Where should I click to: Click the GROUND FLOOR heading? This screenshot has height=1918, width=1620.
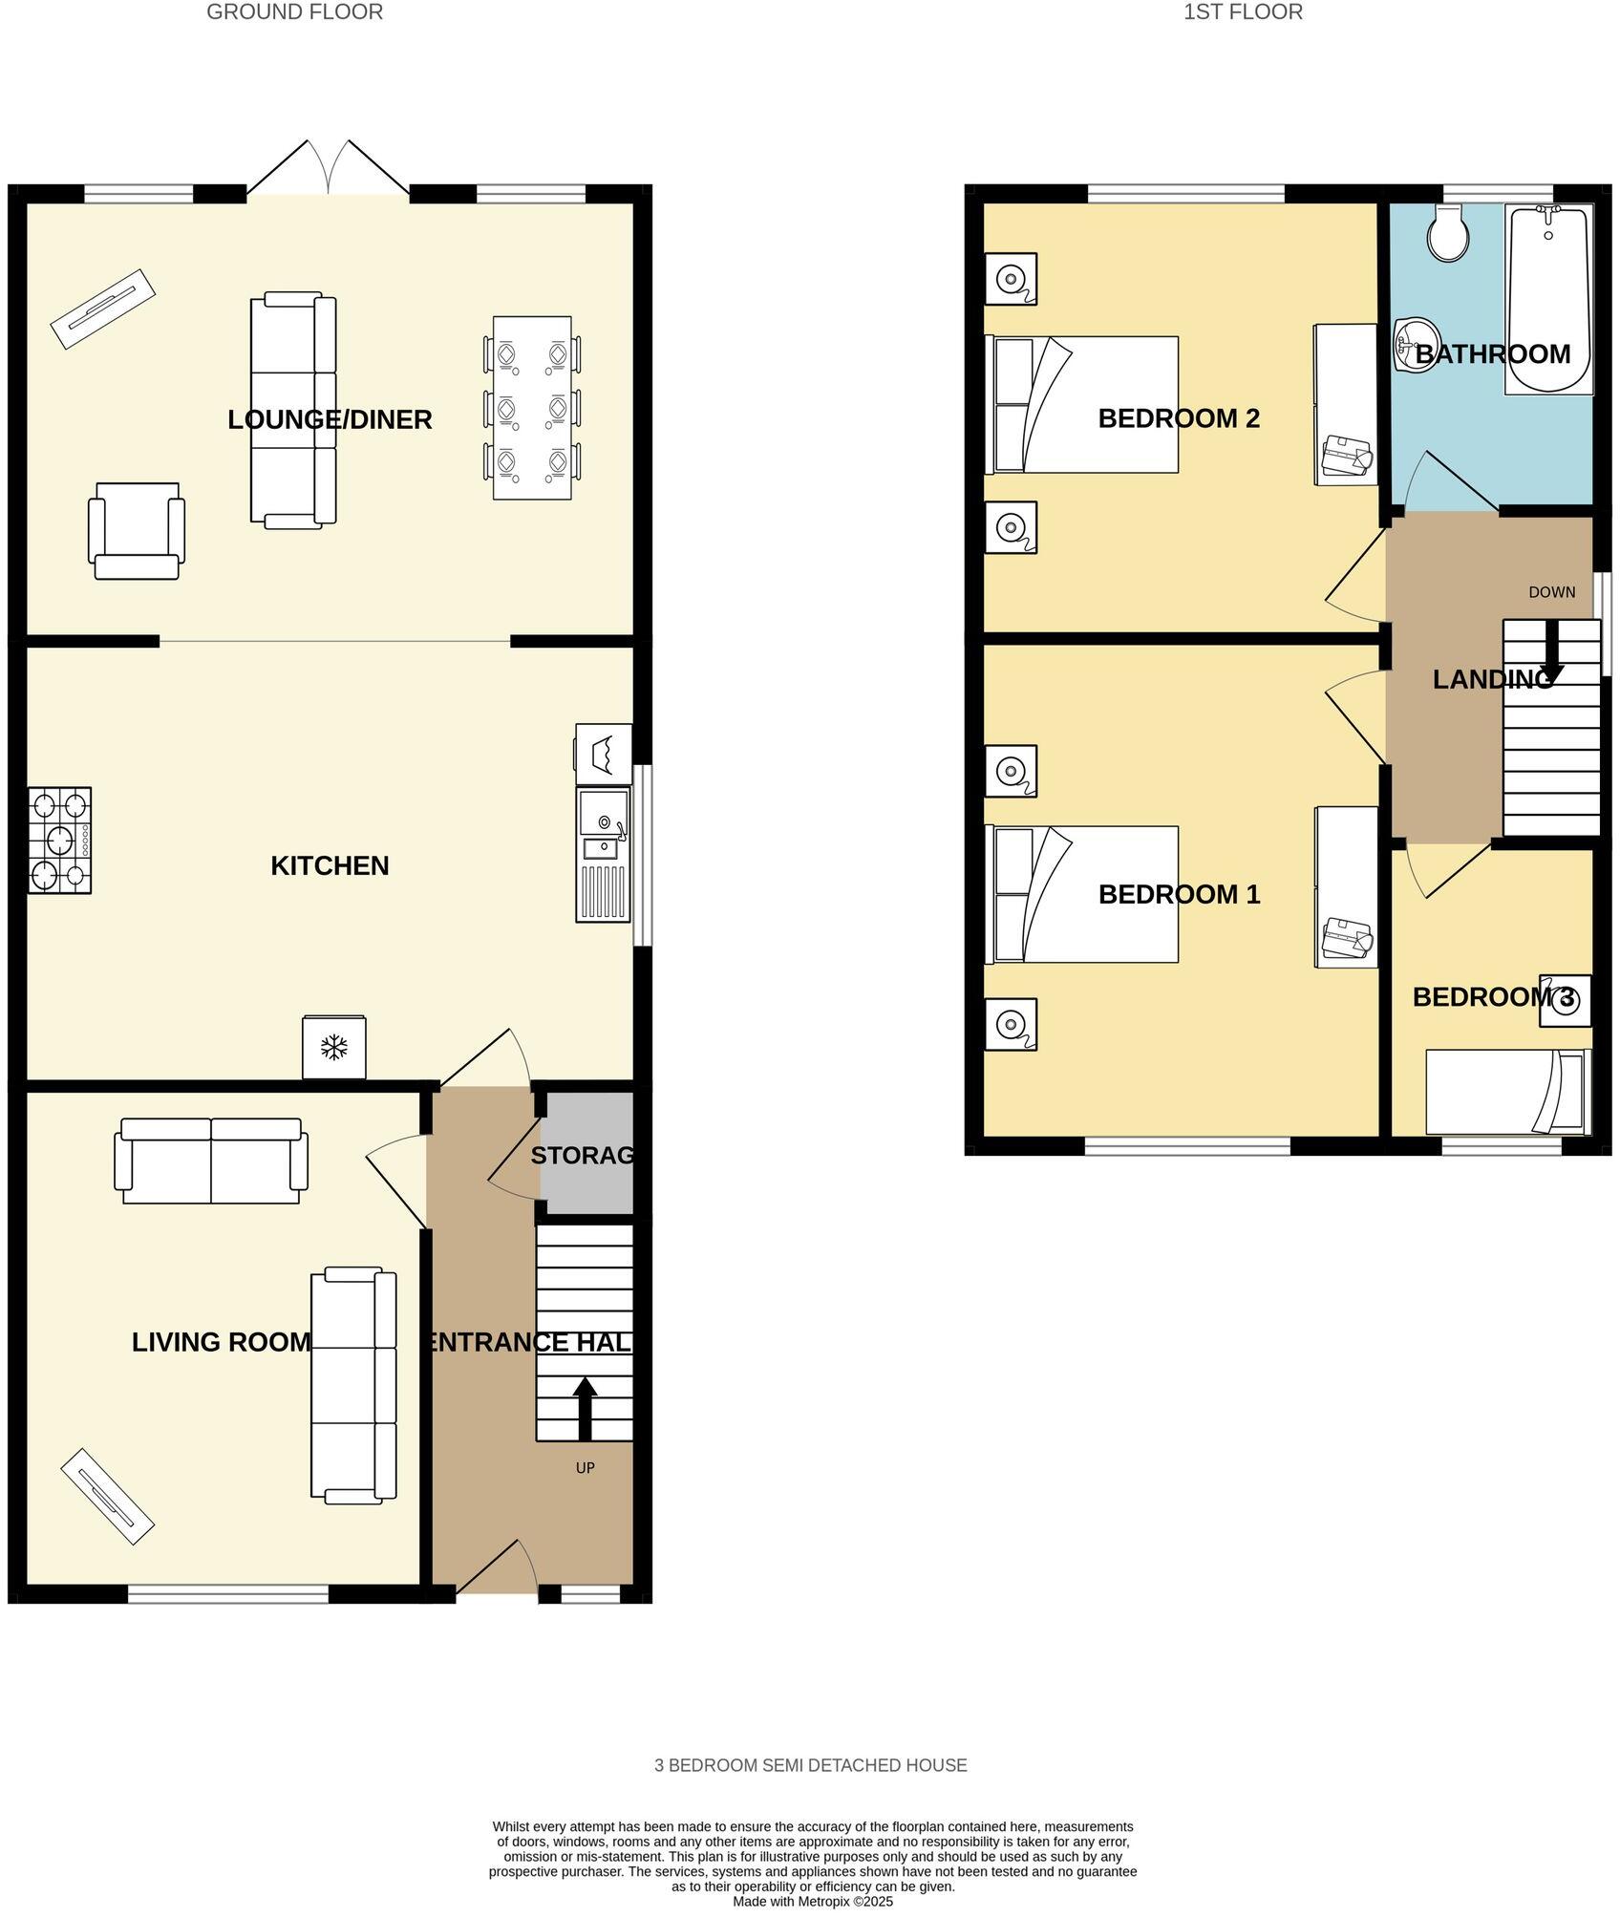(x=294, y=12)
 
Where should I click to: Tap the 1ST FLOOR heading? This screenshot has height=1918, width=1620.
(x=1243, y=12)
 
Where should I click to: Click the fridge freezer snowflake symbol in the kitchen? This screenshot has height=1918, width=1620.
(x=333, y=1048)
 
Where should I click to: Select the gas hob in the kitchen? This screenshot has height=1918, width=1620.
(x=59, y=840)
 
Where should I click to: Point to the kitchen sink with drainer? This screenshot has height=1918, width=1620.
(x=603, y=854)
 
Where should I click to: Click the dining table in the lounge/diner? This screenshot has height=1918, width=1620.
(x=532, y=408)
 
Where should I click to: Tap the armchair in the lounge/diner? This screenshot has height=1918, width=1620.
(x=136, y=530)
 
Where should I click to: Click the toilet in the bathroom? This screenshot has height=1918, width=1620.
(x=1450, y=233)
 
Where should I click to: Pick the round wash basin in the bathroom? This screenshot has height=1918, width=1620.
(x=1418, y=345)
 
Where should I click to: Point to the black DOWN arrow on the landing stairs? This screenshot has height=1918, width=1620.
(x=1551, y=653)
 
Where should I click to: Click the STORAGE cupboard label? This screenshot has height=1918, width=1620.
(x=583, y=1155)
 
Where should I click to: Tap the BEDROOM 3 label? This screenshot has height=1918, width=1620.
(x=1493, y=997)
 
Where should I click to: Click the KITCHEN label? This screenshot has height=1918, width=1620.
(x=330, y=865)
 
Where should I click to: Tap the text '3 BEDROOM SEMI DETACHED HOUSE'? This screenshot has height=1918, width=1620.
(x=810, y=1765)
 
